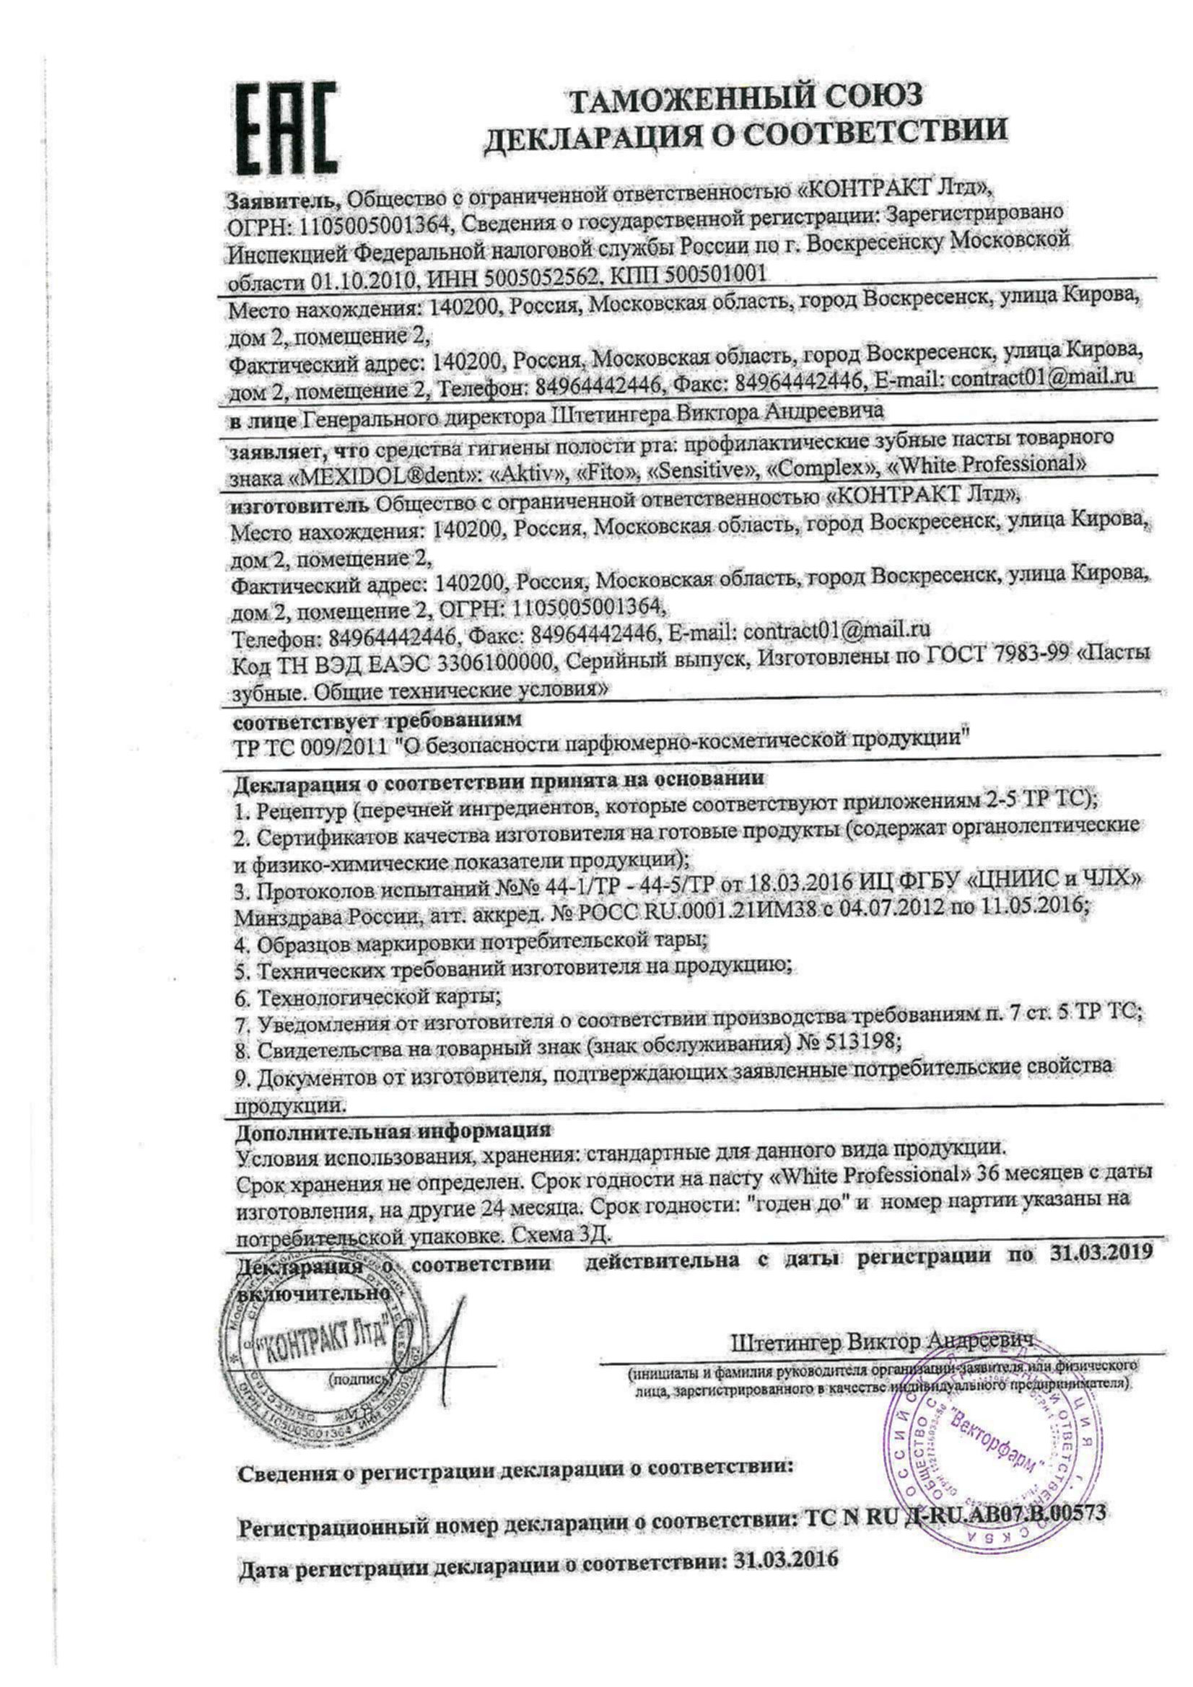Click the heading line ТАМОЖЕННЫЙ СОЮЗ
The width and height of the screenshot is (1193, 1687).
point(746,98)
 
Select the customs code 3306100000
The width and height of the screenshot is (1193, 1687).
point(494,662)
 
